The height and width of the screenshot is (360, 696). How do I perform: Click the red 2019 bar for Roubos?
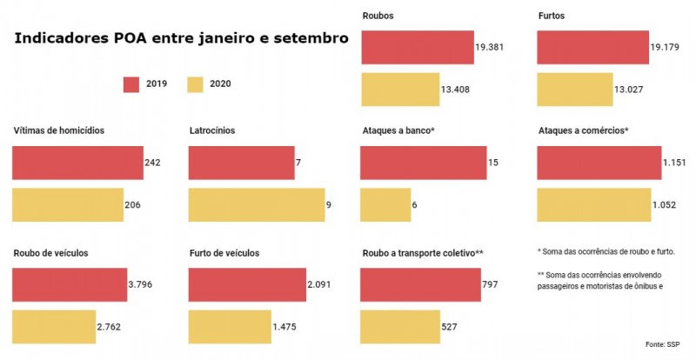click(x=418, y=47)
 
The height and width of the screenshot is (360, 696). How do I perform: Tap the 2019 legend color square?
click(x=131, y=84)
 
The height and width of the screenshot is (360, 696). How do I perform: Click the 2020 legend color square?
click(x=196, y=84)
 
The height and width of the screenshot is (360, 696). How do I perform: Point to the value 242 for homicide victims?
click(x=153, y=163)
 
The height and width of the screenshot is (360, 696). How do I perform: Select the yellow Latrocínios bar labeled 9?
click(x=256, y=204)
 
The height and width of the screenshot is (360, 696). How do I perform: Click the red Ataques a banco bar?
click(x=423, y=163)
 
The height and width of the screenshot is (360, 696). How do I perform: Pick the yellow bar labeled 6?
click(x=385, y=204)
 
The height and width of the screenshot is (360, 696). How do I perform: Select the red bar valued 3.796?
click(x=69, y=284)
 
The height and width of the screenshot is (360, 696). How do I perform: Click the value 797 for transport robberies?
click(x=492, y=284)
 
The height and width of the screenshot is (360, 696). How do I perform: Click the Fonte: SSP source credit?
click(x=662, y=344)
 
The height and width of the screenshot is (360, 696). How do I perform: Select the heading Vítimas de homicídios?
click(x=59, y=130)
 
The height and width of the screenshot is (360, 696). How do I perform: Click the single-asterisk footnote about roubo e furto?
click(x=606, y=252)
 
